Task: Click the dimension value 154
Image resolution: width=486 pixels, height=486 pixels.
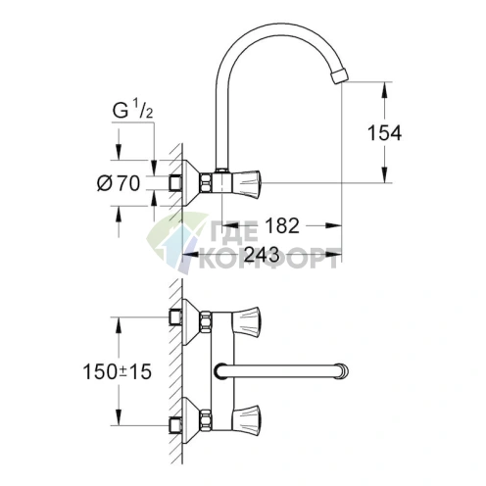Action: click(384, 132)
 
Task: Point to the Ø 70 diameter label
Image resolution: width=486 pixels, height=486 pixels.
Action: click(121, 182)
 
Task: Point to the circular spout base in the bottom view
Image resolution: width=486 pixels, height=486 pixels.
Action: click(221, 371)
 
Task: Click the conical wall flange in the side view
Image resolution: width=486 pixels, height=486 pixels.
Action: click(191, 182)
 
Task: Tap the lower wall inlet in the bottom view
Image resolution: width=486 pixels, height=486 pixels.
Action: click(175, 425)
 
